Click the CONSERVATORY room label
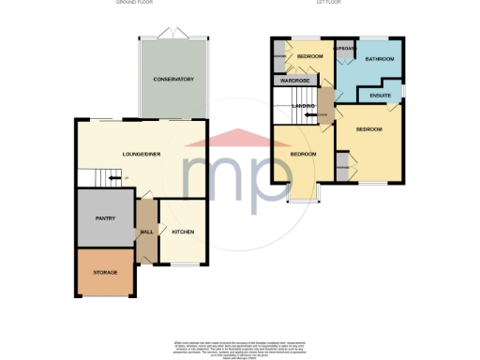point(173,79)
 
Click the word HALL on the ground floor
point(147,232)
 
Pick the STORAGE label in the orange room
point(104,272)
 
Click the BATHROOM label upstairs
point(380,60)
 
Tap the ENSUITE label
point(380,95)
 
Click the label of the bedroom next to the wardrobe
point(309,56)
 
